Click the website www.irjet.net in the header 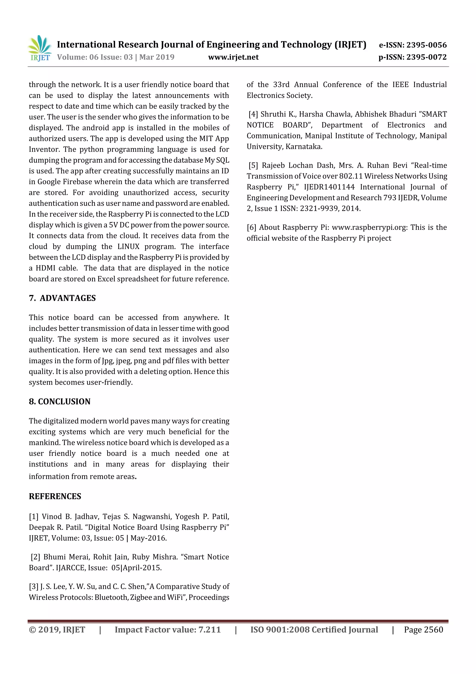tap(233, 57)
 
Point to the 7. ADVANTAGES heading tap(62, 298)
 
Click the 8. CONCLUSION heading tap(59, 401)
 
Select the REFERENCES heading tap(55, 496)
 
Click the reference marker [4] tap(253, 114)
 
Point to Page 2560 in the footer tap(423, 630)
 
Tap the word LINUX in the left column tap(129, 247)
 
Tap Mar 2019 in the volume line tap(157, 57)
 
